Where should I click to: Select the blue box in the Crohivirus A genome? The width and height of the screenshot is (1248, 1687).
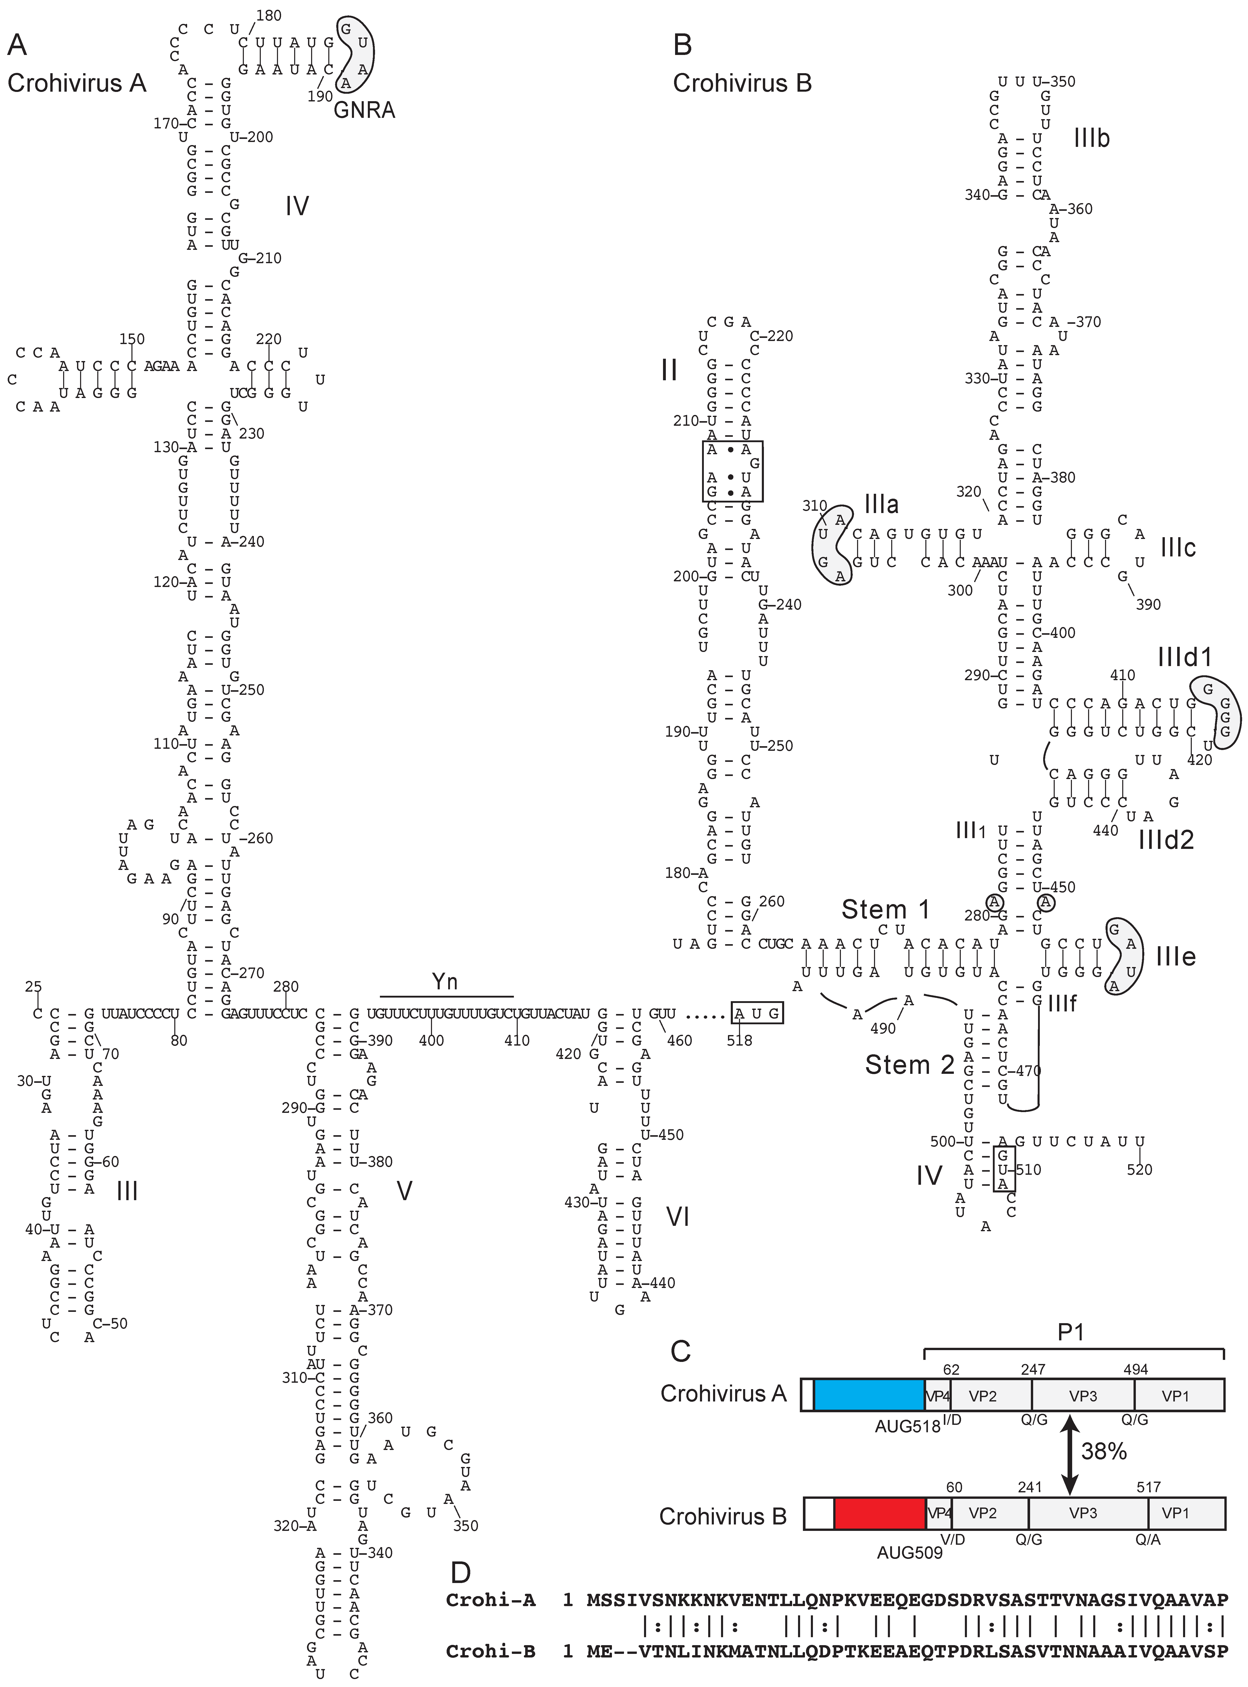(869, 1395)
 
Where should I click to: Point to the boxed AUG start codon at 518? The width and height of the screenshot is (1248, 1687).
(757, 1013)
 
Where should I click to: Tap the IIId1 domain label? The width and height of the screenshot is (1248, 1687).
(1185, 657)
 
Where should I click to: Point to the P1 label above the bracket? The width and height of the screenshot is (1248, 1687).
(1070, 1332)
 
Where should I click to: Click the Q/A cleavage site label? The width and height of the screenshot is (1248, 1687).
(1148, 1539)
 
